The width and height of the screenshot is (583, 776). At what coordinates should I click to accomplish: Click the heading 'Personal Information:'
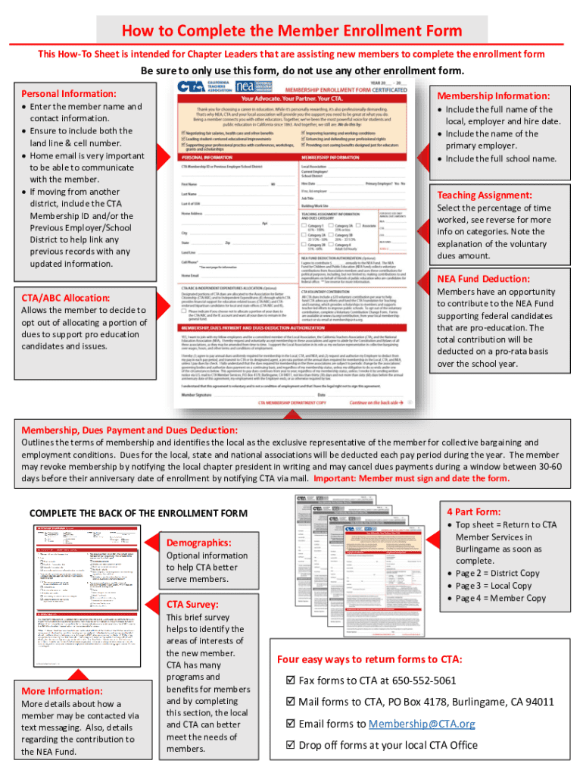point(68,93)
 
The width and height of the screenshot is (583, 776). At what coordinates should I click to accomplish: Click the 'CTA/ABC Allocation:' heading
point(66,298)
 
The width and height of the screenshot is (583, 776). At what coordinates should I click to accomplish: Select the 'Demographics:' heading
point(198,543)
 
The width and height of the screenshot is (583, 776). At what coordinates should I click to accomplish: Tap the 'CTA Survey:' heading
point(192,604)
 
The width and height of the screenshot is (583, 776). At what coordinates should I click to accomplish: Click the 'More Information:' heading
point(62,691)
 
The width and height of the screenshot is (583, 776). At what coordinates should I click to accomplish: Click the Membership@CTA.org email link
point(422,724)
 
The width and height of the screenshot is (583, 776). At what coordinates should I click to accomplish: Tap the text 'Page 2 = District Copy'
point(497,573)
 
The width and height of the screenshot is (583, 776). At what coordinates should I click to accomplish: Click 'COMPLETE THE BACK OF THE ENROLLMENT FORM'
point(138,514)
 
